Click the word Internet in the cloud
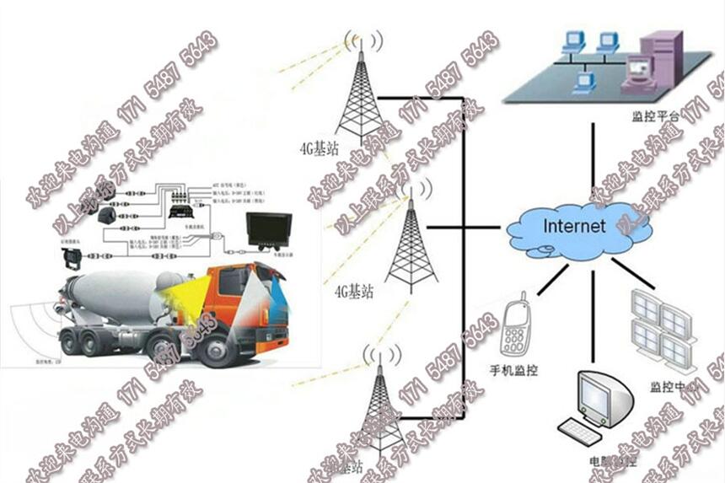[574, 226]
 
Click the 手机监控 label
[514, 370]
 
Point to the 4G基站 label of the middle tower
[354, 292]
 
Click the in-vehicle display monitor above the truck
[268, 230]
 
